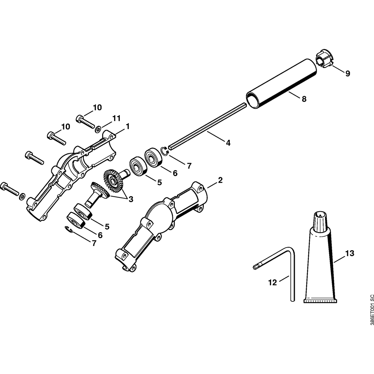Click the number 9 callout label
[x=348, y=74]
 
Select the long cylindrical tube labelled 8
[x=280, y=84]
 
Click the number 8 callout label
[x=304, y=99]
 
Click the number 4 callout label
[x=228, y=142]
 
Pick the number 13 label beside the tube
[x=349, y=254]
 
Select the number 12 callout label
[x=273, y=282]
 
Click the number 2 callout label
[x=220, y=180]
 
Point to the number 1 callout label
[x=128, y=126]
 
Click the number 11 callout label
[x=116, y=119]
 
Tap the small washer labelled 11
[x=98, y=129]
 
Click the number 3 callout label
[x=131, y=199]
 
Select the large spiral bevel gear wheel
[x=114, y=178]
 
